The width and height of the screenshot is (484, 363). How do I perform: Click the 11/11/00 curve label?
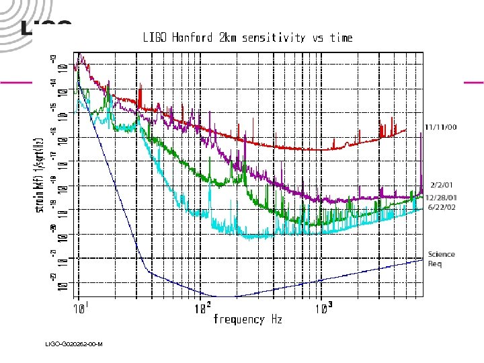(440, 127)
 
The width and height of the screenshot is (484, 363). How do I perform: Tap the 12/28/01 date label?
(440, 197)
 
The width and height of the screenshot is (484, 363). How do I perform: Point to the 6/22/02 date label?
(440, 207)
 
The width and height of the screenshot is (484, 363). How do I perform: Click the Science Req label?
(441, 258)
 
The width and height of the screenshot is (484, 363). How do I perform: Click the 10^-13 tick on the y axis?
(59, 65)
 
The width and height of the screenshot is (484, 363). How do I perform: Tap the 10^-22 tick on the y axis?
(59, 281)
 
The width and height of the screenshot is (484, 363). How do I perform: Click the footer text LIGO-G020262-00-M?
(73, 345)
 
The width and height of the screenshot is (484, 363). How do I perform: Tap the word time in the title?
(340, 38)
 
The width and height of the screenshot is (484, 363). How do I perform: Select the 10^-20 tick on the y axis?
(59, 233)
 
